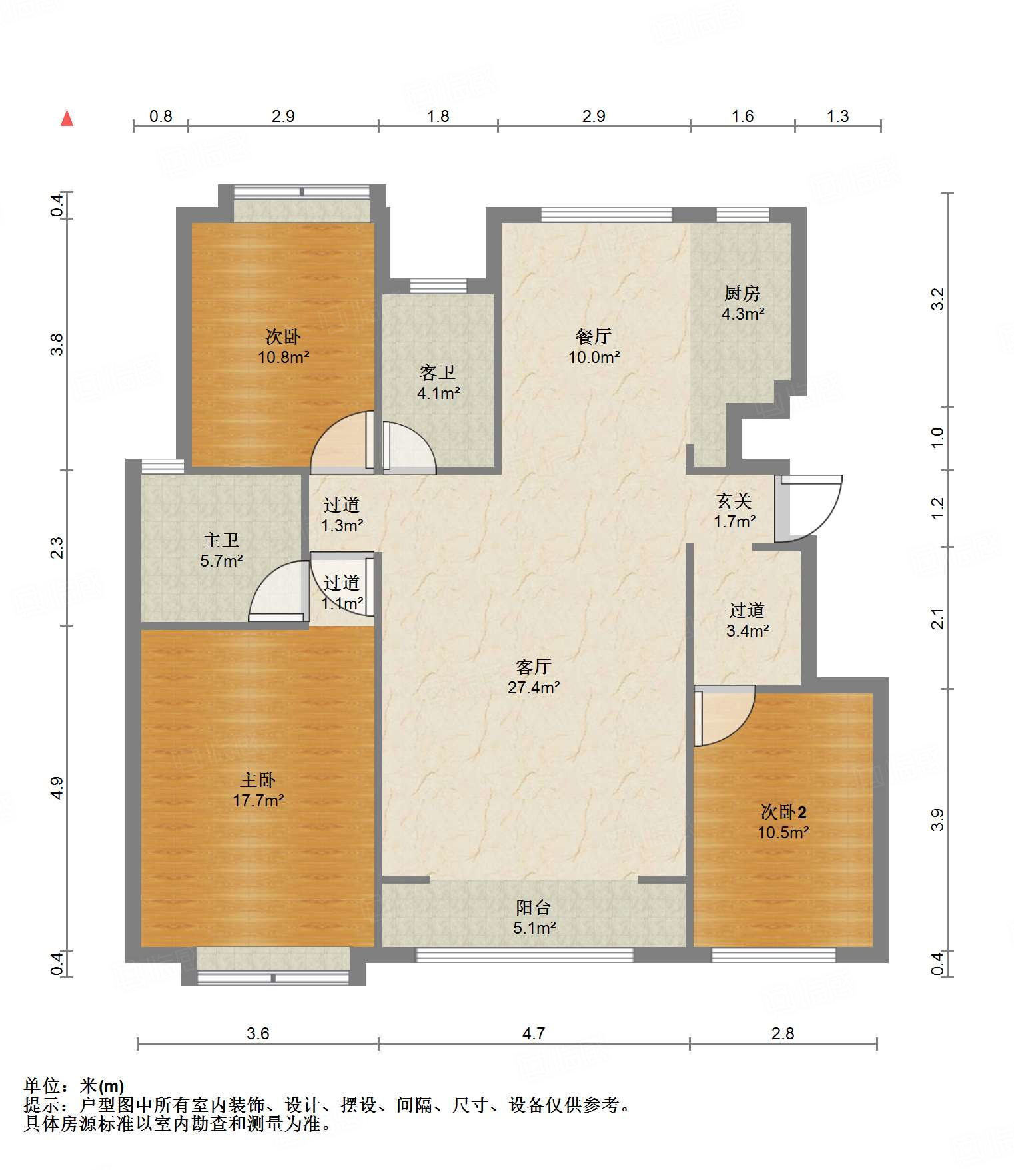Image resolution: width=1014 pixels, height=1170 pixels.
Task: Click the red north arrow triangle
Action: tap(67, 119)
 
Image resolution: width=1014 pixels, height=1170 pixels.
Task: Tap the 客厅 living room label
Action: tap(534, 667)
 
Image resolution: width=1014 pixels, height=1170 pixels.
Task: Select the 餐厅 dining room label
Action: tap(594, 336)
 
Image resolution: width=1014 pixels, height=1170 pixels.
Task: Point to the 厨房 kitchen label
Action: tap(742, 293)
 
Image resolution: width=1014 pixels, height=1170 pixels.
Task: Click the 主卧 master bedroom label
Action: tap(258, 780)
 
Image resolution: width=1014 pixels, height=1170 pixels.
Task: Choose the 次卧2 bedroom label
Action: tap(783, 812)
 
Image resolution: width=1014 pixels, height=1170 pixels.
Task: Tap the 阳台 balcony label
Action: tap(534, 907)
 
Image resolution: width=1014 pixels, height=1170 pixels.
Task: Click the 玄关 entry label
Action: tap(734, 501)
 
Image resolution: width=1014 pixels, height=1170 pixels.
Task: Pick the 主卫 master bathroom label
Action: tap(221, 540)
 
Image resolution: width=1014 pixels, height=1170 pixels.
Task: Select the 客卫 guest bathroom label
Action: tap(438, 372)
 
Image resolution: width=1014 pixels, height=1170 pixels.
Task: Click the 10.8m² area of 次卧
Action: tap(284, 357)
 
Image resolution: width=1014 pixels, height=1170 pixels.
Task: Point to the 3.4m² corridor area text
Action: tap(748, 631)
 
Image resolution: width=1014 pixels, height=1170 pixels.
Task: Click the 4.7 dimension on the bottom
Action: tap(534, 1033)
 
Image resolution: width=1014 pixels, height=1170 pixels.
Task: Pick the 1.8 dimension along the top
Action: tap(438, 116)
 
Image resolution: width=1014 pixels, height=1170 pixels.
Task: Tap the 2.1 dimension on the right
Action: tap(938, 619)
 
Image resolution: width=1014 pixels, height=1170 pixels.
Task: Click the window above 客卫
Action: tap(438, 286)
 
